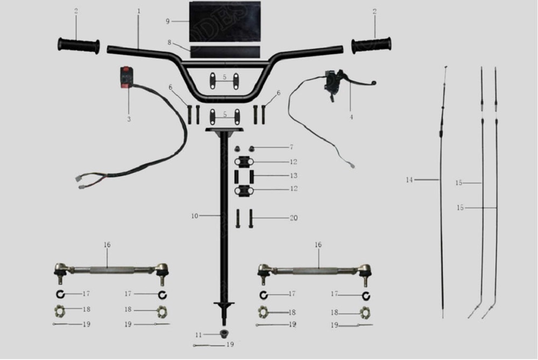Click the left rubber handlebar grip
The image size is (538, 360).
[x=79, y=45]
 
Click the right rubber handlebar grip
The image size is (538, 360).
[x=371, y=45]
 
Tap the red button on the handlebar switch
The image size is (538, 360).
[x=126, y=69]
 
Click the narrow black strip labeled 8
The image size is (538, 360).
[x=225, y=52]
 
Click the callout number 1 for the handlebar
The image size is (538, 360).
[x=139, y=11]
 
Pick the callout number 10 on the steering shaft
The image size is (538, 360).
[x=195, y=216]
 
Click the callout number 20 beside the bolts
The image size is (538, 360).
[x=293, y=218]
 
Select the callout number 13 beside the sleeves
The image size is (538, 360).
[x=293, y=176]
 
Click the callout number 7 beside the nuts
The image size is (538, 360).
[x=291, y=147]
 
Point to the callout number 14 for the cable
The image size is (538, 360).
[x=410, y=180]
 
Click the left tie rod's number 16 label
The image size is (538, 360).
[x=107, y=245]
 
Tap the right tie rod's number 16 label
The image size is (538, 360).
[x=318, y=245]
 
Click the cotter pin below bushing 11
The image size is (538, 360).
[x=206, y=345]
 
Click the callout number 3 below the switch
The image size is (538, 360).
[x=129, y=119]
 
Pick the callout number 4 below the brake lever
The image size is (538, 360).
[x=351, y=117]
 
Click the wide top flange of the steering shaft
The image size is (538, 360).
[x=225, y=130]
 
